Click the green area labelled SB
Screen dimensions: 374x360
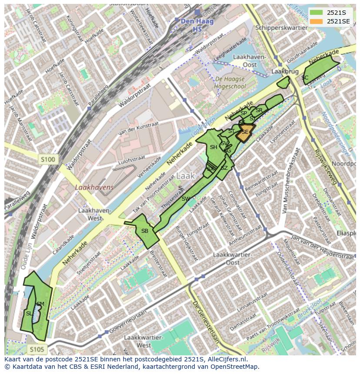(x=144, y=231)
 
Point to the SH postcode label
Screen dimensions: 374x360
(x=213, y=147)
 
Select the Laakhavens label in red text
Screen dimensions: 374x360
(x=94, y=188)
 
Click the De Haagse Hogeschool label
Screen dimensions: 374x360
(x=229, y=83)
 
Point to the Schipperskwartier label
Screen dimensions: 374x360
(x=282, y=27)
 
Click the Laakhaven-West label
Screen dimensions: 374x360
(x=95, y=214)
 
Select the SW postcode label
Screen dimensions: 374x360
(x=186, y=199)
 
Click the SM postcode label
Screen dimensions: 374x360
(x=40, y=304)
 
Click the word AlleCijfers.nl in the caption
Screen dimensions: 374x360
(x=225, y=359)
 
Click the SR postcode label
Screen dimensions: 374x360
(x=259, y=110)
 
